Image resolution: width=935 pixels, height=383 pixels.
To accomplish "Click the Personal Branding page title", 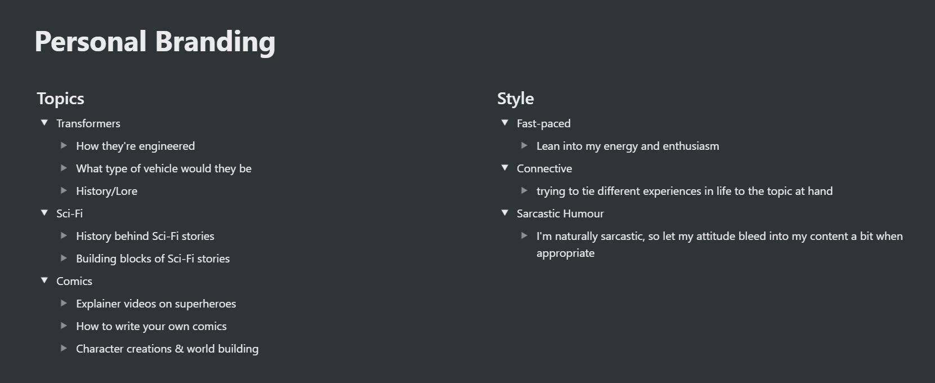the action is click(x=155, y=42).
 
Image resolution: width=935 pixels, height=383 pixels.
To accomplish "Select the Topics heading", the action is click(x=61, y=99).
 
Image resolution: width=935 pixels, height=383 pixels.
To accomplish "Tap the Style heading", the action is click(x=516, y=99).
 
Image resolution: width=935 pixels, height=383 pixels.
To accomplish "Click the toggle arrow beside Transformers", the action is click(x=44, y=122).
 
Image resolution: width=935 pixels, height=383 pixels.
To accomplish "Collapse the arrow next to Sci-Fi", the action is click(x=44, y=212).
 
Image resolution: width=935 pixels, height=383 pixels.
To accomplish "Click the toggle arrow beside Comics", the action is click(x=44, y=280).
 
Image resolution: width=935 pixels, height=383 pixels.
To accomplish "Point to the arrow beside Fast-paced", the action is click(x=504, y=122).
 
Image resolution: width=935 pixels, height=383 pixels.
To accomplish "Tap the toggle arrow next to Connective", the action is click(x=504, y=167).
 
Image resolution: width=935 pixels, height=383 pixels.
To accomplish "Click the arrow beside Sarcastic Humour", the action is click(x=504, y=212).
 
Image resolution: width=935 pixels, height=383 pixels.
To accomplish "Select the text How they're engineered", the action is click(x=135, y=146).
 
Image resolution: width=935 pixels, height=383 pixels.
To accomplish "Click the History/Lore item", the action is click(x=106, y=191).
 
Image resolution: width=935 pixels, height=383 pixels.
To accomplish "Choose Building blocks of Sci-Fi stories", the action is click(x=153, y=259).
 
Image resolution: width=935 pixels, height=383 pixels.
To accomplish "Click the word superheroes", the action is click(x=205, y=304).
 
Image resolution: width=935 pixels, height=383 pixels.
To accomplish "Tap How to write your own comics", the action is click(x=151, y=327).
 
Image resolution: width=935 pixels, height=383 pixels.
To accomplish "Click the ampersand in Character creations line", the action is click(x=179, y=349).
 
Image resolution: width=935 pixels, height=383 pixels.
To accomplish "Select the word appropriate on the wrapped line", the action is click(x=565, y=253).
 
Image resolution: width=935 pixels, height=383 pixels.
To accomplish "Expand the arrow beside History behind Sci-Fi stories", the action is click(x=64, y=235).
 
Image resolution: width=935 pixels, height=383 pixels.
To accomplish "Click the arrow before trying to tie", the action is click(x=524, y=190).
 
